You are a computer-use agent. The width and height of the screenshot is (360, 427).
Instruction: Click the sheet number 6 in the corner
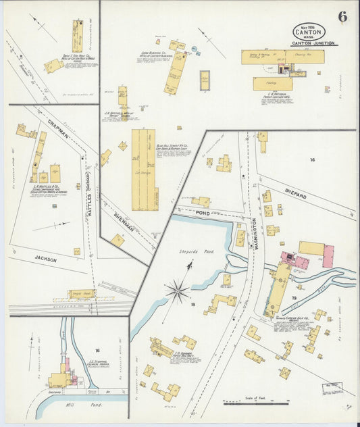[342, 17]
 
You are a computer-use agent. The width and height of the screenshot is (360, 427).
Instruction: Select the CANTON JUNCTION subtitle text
[313, 44]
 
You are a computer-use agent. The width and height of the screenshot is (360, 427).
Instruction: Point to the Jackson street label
[45, 259]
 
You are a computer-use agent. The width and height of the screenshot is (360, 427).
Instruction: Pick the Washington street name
[254, 234]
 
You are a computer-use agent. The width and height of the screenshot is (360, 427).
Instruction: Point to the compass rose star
[177, 292]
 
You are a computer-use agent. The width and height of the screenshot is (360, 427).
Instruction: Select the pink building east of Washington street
[328, 256]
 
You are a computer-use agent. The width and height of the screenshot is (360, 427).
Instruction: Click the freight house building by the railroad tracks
[82, 294]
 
